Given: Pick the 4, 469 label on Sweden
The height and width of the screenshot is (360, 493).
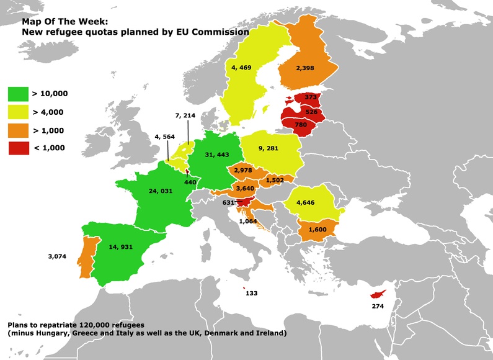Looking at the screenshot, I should (x=241, y=67).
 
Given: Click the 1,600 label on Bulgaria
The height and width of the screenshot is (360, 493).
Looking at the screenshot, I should (x=316, y=230).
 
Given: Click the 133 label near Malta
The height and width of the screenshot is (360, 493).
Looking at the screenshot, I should (x=252, y=292).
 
